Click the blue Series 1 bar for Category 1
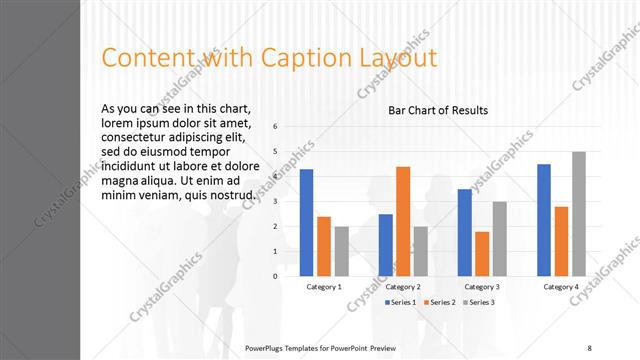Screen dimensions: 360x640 click(x=306, y=222)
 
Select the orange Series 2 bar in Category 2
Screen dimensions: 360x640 click(x=403, y=221)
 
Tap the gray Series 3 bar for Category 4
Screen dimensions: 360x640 click(x=579, y=213)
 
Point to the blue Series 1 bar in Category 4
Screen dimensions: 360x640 click(x=544, y=219)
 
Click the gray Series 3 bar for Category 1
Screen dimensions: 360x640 click(x=342, y=251)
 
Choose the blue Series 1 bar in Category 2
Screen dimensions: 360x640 click(x=385, y=245)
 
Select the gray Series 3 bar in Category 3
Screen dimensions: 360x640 click(x=500, y=238)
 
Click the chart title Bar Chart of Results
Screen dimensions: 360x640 click(x=438, y=110)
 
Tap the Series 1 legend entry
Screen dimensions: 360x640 click(x=400, y=302)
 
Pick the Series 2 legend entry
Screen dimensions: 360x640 click(x=439, y=302)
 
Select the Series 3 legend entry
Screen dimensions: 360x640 click(x=478, y=302)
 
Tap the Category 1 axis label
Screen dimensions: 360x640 click(x=323, y=287)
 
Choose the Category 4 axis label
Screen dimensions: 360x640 click(x=561, y=287)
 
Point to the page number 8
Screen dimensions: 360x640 click(x=589, y=348)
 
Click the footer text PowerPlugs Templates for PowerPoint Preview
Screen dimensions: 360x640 click(x=320, y=348)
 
